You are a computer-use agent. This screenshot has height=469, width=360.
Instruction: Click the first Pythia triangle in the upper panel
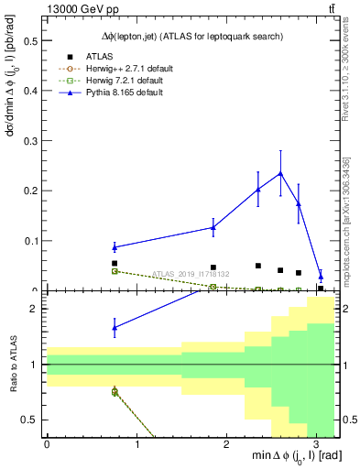pyautogui.click(x=115, y=247)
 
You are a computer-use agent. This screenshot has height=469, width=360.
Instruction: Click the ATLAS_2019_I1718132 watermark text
pyautogui.click(x=191, y=274)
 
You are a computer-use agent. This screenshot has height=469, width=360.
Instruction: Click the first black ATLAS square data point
pyautogui.click(x=115, y=263)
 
